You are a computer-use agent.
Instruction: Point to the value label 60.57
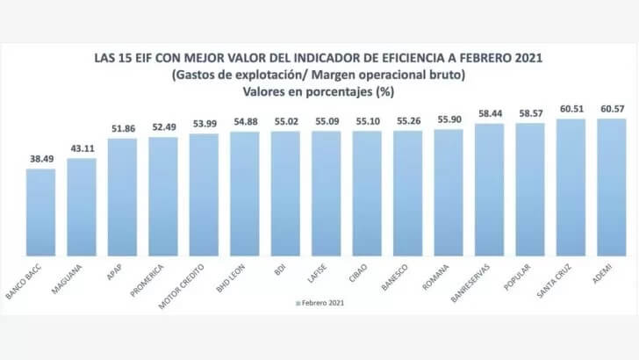point(612,109)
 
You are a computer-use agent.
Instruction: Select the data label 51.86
point(122,129)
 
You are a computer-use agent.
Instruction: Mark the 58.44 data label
point(490,114)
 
